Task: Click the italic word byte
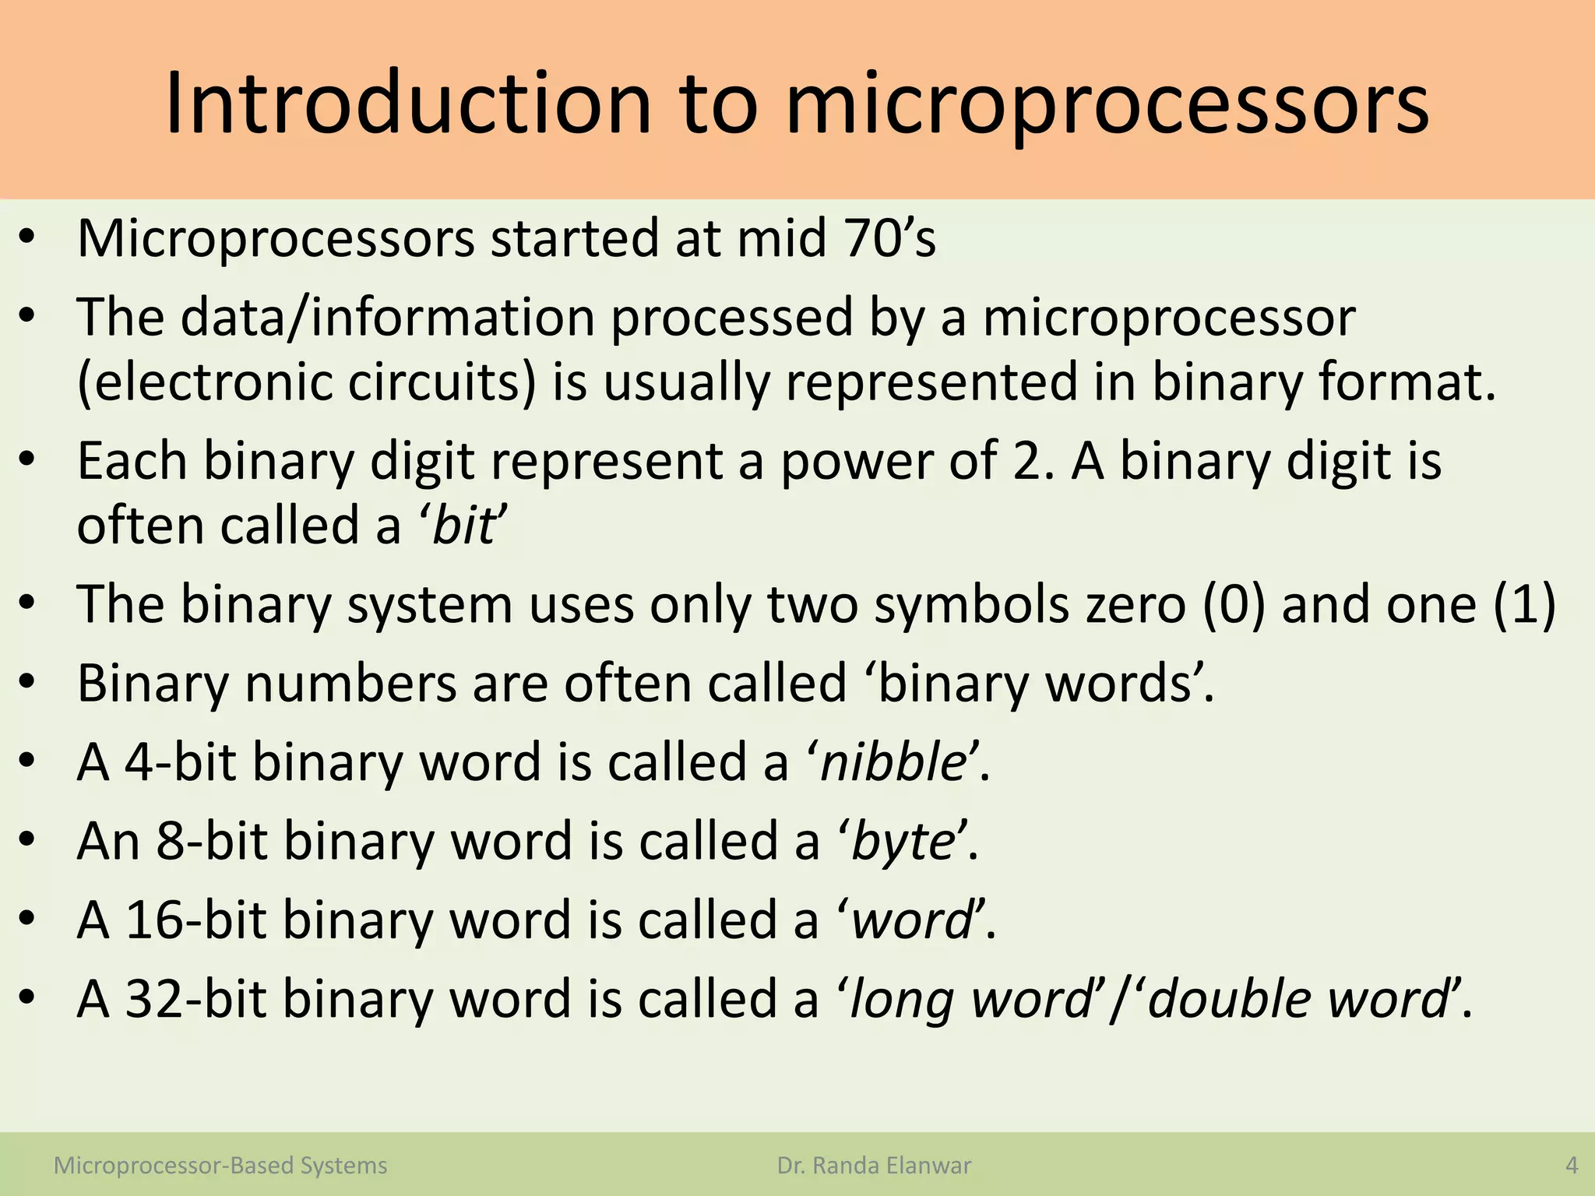point(903,842)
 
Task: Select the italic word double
point(1231,999)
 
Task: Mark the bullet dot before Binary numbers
point(28,683)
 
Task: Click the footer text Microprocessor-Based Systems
point(220,1166)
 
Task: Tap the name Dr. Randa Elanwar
point(874,1166)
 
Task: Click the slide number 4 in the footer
point(1571,1166)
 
